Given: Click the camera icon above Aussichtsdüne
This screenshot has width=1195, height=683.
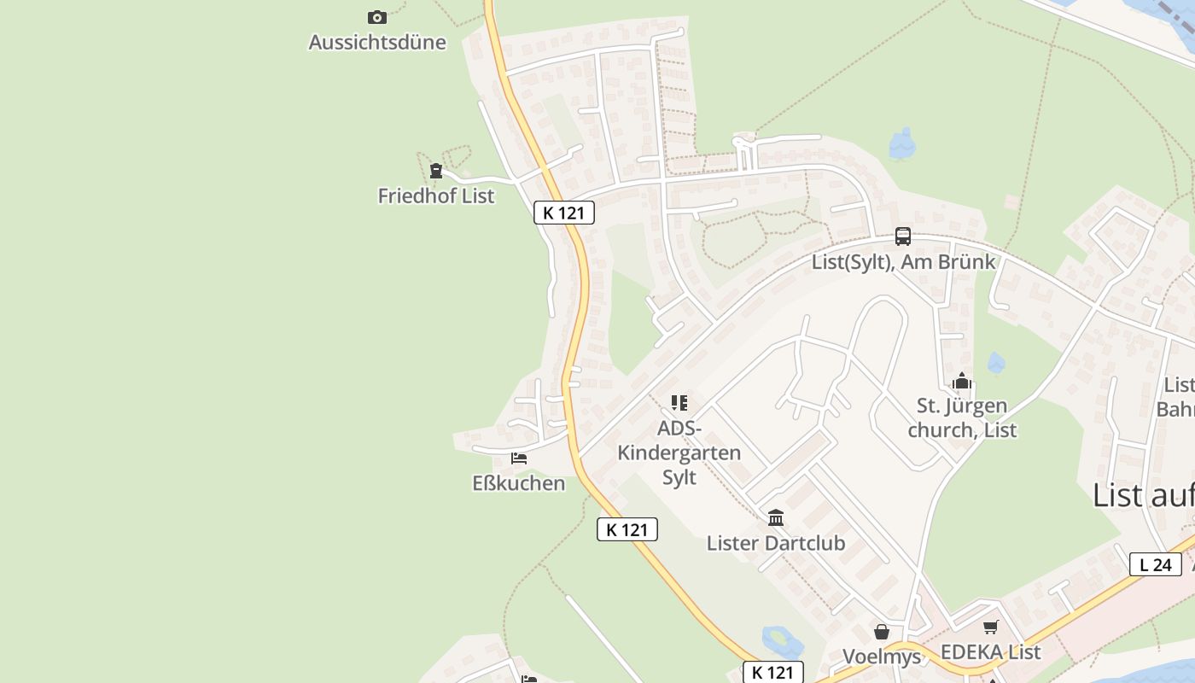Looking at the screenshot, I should tap(376, 17).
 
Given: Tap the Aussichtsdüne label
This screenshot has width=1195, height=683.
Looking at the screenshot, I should tap(377, 42).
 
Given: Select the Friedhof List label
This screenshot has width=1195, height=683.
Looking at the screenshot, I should tap(436, 196).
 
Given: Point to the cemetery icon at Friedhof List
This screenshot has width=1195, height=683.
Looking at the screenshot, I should tap(436, 171).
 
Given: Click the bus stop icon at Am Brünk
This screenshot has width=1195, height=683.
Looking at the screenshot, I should tap(903, 236).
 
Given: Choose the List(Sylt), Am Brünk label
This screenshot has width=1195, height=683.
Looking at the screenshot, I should tap(903, 261).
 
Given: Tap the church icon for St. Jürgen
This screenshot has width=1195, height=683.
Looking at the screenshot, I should tap(962, 381).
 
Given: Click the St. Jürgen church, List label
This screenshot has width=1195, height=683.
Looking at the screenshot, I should tap(962, 417).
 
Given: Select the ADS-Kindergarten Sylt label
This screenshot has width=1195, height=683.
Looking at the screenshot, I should tap(679, 452).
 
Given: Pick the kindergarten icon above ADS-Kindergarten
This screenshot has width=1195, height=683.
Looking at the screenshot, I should tap(679, 402).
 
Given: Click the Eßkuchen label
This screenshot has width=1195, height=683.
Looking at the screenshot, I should tap(519, 483).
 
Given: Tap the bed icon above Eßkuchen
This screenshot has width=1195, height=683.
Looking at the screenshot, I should tap(519, 458).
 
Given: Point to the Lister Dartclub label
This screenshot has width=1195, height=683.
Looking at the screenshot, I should tap(776, 543).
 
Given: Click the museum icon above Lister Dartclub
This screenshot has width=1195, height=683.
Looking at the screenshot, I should tap(776, 517).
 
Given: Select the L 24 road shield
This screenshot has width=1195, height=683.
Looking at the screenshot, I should tap(1156, 564).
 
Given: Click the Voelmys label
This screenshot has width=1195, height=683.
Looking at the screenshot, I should tap(882, 656).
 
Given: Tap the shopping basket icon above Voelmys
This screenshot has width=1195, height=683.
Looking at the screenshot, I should tap(882, 632).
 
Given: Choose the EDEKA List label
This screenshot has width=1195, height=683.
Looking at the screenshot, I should tap(990, 652).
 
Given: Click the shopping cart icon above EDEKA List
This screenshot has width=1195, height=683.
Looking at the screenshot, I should tap(990, 628).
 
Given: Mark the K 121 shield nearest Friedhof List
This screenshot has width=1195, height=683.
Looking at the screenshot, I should tap(564, 213).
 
